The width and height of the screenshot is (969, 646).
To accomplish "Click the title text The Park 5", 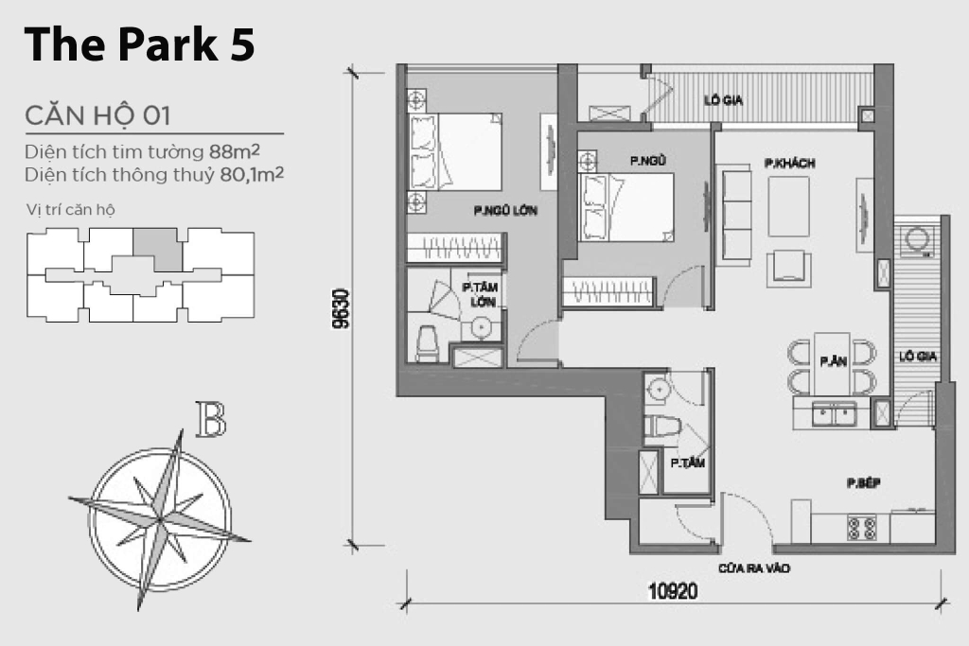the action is (x=139, y=44).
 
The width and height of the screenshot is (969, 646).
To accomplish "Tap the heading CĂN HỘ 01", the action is (x=97, y=116).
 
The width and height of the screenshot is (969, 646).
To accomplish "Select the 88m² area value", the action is (x=235, y=150).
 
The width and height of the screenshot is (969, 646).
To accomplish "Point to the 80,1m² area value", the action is (x=252, y=174).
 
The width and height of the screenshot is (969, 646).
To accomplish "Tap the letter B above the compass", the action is (x=211, y=419).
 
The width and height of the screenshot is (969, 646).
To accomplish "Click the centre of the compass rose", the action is (x=160, y=519).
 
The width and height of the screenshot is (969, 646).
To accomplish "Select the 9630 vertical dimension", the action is (x=341, y=308).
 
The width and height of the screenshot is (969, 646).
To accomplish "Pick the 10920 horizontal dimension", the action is (x=673, y=592).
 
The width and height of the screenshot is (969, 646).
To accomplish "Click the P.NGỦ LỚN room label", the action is (x=505, y=211).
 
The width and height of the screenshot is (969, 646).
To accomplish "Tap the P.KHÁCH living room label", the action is (x=790, y=163).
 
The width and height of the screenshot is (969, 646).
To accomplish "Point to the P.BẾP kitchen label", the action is (x=864, y=483).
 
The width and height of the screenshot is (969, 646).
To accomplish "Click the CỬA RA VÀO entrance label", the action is (x=754, y=568).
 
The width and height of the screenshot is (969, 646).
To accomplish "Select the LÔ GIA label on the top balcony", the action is (x=724, y=100).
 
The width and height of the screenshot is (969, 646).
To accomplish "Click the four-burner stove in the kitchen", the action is (x=862, y=528).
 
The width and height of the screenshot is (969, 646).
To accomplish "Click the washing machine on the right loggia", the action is (x=916, y=241).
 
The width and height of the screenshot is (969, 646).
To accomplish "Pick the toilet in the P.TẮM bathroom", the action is (x=661, y=428).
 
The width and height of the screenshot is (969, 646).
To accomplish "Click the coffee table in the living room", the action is (x=788, y=206).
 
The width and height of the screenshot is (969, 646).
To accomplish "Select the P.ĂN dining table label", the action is (x=833, y=361).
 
